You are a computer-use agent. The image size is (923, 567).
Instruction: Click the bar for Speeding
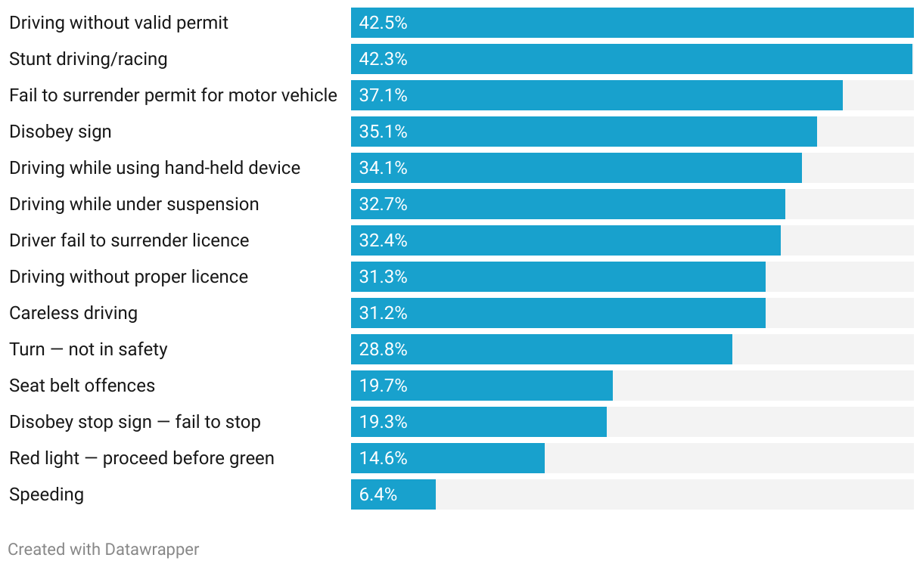point(393,494)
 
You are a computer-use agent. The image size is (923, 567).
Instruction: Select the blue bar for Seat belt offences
point(482,386)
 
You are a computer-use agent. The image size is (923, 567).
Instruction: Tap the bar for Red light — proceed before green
point(448,458)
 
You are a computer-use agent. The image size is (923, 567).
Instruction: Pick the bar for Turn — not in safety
point(542,349)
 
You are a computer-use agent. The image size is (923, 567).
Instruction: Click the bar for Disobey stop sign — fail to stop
point(479,422)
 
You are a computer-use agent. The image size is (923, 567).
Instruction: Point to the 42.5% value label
point(383,23)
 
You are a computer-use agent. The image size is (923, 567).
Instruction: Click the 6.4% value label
point(378,494)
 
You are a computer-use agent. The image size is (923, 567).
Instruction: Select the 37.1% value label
point(383,95)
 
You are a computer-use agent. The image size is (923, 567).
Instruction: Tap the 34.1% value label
point(383,168)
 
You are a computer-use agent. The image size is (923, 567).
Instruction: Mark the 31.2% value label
point(383,313)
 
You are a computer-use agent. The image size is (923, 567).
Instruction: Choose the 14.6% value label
point(383,458)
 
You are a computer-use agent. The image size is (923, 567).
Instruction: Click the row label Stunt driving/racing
point(89,59)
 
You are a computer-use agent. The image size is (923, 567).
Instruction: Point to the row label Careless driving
point(73,313)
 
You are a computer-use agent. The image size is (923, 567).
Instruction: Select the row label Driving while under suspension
point(134,204)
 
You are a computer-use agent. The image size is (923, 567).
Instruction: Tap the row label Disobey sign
point(61,132)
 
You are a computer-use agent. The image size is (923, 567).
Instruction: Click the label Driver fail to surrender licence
point(129,240)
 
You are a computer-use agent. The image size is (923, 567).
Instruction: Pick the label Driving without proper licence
point(129,277)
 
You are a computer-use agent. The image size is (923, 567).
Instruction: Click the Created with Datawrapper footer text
point(104,550)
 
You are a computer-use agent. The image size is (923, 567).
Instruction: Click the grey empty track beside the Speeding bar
point(673,494)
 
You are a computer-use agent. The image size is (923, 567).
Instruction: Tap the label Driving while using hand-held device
point(155,168)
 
